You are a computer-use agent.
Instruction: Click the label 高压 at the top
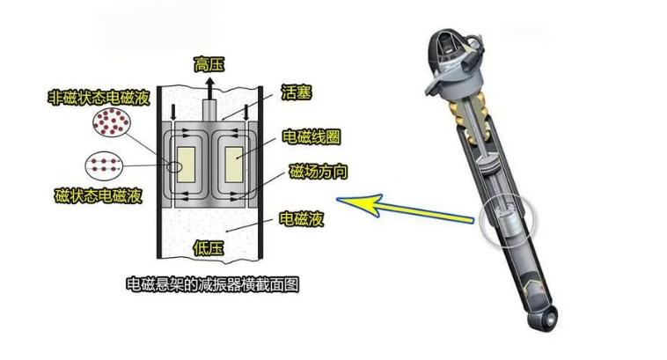click(x=209, y=65)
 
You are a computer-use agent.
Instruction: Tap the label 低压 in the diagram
click(x=209, y=247)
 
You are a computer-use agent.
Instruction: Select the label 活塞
click(x=297, y=92)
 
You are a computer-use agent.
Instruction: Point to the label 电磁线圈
click(x=312, y=137)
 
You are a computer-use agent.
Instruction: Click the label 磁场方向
click(x=319, y=172)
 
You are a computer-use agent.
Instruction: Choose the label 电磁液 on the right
click(x=301, y=218)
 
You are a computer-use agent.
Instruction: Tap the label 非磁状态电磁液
click(x=99, y=98)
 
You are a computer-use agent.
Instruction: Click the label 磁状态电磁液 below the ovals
click(x=98, y=195)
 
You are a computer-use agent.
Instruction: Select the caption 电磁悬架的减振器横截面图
click(x=213, y=284)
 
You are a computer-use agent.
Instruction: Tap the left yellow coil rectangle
click(x=186, y=165)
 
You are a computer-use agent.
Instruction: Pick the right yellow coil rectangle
click(x=233, y=165)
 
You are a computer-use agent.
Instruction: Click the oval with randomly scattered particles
click(x=112, y=121)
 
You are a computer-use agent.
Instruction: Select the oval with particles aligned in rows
click(x=104, y=165)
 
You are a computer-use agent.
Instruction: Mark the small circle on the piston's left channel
click(x=173, y=166)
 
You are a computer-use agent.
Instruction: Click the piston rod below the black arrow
click(x=209, y=111)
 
